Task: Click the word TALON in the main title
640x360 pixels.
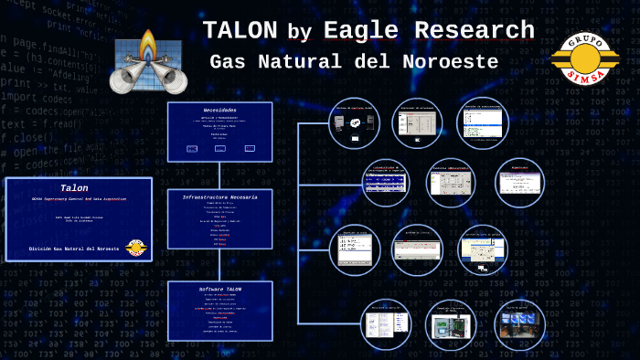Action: tap(240, 30)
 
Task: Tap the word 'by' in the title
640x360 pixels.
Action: tap(299, 33)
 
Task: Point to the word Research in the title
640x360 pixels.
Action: tap(475, 30)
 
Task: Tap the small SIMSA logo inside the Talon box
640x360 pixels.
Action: tap(135, 248)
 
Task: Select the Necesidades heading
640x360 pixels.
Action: tap(219, 111)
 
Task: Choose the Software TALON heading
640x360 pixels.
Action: tap(219, 289)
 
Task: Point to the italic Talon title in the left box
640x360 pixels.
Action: tap(74, 187)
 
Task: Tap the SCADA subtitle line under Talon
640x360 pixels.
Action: tap(73, 199)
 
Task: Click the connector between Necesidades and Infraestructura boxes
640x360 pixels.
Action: tap(219, 175)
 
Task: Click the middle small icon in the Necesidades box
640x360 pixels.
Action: tap(220, 148)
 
